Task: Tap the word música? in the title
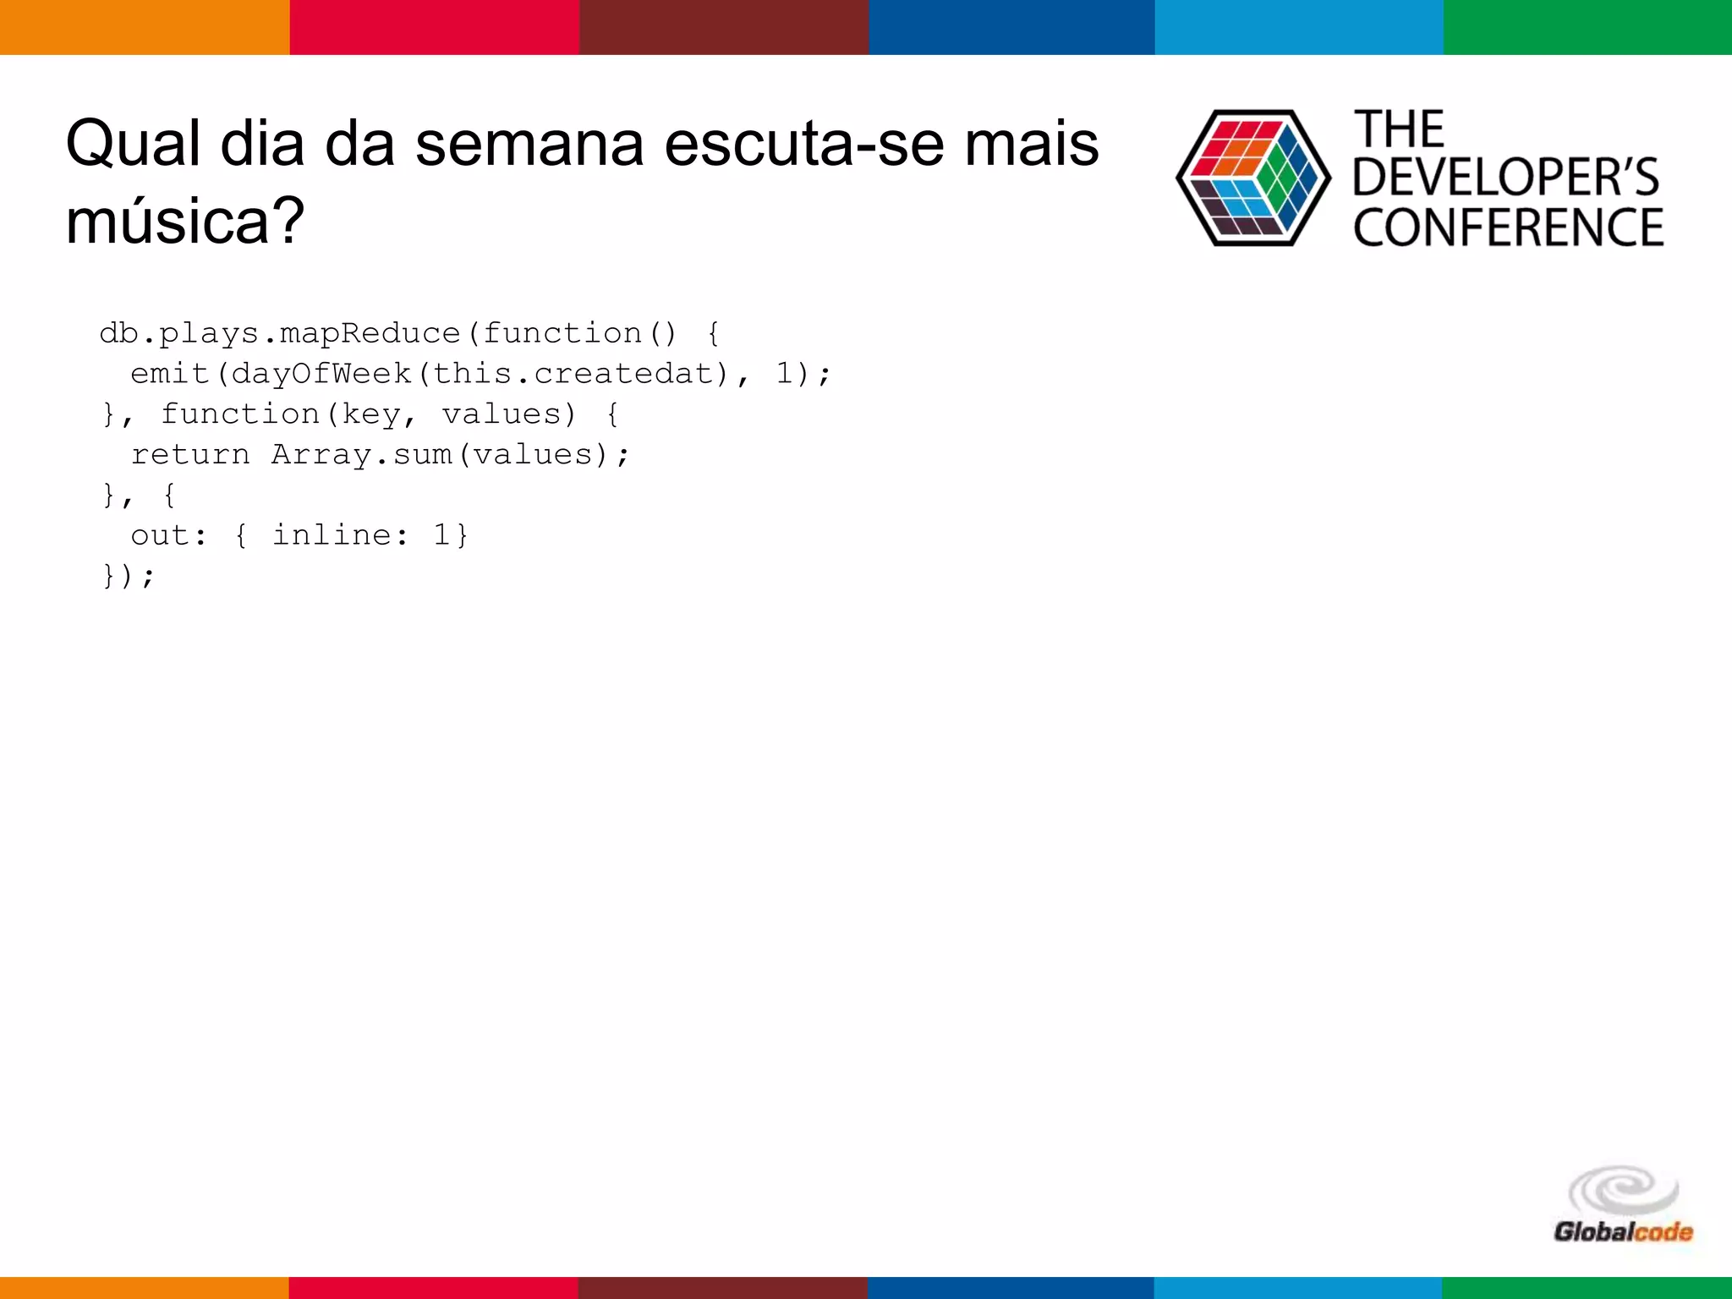click(185, 220)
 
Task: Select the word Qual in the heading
click(133, 144)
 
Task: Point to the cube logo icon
click(1252, 178)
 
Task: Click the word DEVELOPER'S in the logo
click(1506, 177)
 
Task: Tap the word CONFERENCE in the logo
click(1508, 227)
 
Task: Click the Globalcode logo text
click(1623, 1231)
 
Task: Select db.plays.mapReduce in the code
click(279, 333)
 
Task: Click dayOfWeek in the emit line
click(321, 374)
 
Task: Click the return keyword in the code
click(190, 455)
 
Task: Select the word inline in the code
click(332, 535)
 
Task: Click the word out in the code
click(160, 535)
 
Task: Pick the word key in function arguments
click(370, 414)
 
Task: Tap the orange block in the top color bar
click(145, 27)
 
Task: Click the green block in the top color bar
click(1587, 27)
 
